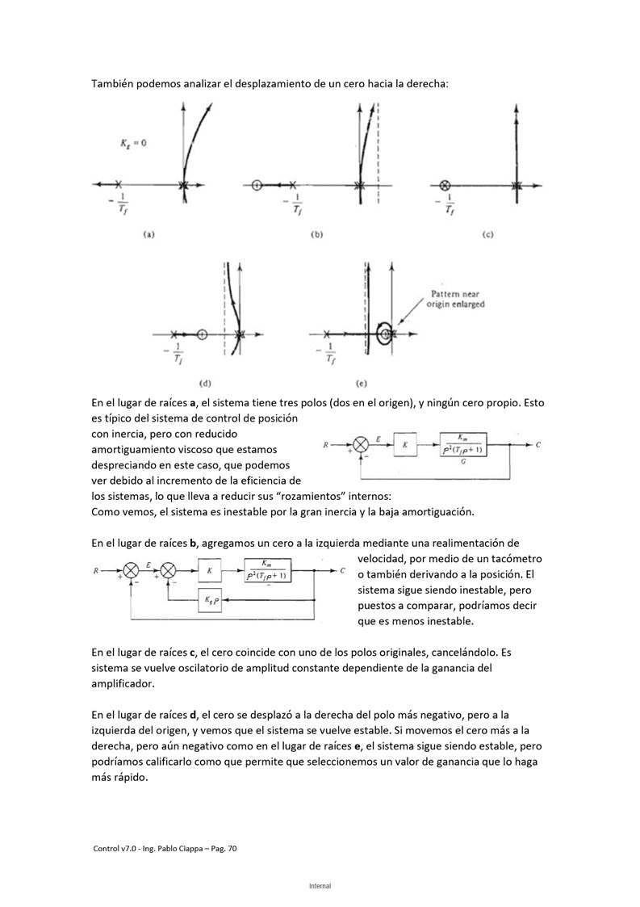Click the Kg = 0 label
click(133, 143)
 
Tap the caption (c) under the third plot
click(487, 235)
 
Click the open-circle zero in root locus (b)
click(257, 185)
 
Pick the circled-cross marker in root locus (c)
click(445, 185)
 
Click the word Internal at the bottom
click(320, 886)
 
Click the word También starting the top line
click(115, 83)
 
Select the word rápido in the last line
click(128, 779)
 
